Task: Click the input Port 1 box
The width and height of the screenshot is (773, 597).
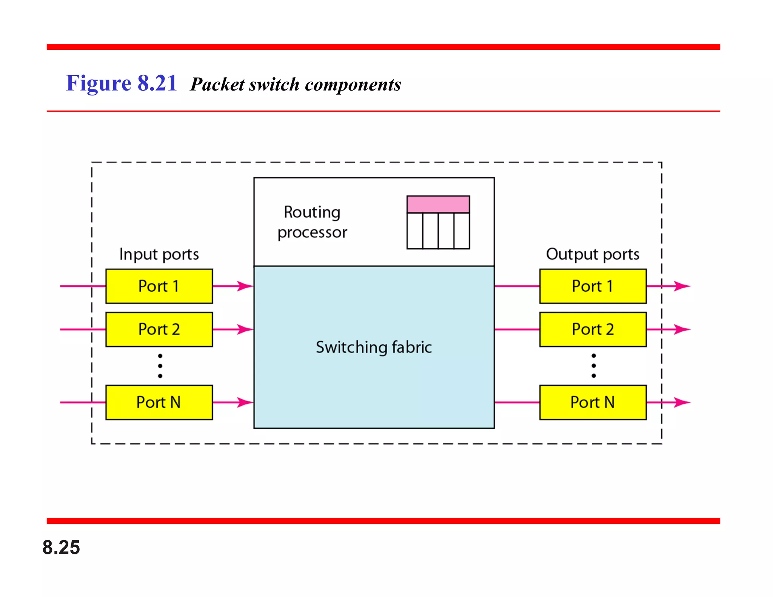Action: click(x=159, y=286)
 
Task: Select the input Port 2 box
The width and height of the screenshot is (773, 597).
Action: click(x=159, y=329)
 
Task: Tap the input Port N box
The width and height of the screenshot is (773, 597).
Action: click(x=159, y=402)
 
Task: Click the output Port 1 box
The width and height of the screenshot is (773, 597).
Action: click(x=593, y=286)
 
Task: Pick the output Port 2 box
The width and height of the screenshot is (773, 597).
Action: click(x=593, y=329)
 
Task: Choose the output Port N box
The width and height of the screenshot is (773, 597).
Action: click(x=593, y=402)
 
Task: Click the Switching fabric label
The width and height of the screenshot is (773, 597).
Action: click(x=374, y=347)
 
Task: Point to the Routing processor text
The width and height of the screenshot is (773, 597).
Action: click(x=312, y=222)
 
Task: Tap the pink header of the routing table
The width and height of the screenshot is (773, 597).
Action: click(x=438, y=204)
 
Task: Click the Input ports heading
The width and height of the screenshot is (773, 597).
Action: click(x=159, y=254)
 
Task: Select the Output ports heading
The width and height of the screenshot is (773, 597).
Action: click(x=593, y=254)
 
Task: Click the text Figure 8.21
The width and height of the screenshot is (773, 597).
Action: click(x=121, y=83)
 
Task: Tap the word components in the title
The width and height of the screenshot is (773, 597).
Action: click(x=353, y=85)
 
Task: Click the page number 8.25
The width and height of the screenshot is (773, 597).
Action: click(x=61, y=547)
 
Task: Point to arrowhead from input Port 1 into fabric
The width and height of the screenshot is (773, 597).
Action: click(x=245, y=286)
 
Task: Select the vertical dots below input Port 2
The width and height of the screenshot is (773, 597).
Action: click(x=160, y=366)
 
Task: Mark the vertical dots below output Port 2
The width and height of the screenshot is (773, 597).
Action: click(x=594, y=366)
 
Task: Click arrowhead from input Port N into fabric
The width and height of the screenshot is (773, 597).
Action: click(x=245, y=402)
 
